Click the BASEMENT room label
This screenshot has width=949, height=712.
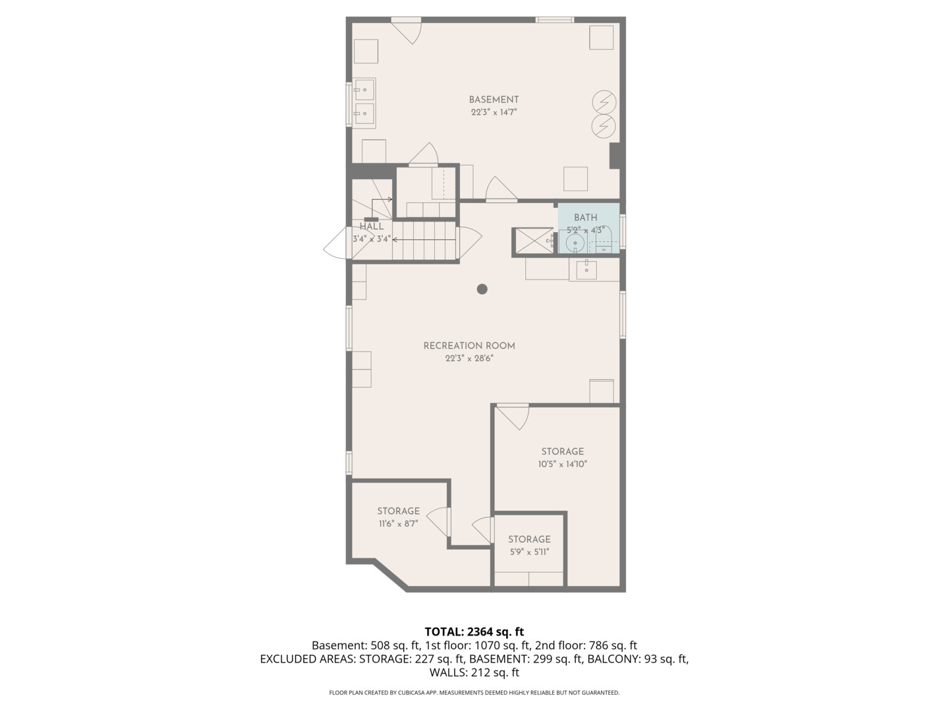coord(494,100)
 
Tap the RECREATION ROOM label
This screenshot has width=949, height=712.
coord(469,346)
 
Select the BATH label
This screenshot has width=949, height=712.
coord(586,218)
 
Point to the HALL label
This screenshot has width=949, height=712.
coord(372,226)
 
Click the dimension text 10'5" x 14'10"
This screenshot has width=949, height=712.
coord(563,464)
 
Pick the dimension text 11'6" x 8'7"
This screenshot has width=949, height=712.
coord(399,524)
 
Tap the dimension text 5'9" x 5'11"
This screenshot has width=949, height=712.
coord(530,552)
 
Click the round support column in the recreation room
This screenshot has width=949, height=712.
coord(482,289)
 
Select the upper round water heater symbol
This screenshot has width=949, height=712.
coord(604,102)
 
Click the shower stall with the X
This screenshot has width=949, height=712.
coord(533,242)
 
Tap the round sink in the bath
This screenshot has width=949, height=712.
coord(575,244)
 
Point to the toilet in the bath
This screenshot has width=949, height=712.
coord(604,241)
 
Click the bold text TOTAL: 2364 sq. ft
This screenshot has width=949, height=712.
coord(474,632)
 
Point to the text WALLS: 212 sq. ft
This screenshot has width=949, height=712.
coord(474,672)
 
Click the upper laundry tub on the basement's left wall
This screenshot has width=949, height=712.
coord(364,90)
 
